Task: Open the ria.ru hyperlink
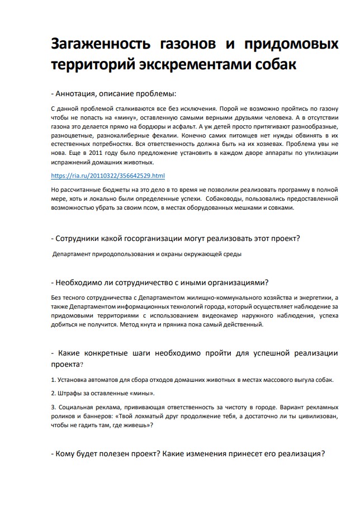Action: tap(107, 176)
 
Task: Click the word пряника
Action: tap(192, 324)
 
